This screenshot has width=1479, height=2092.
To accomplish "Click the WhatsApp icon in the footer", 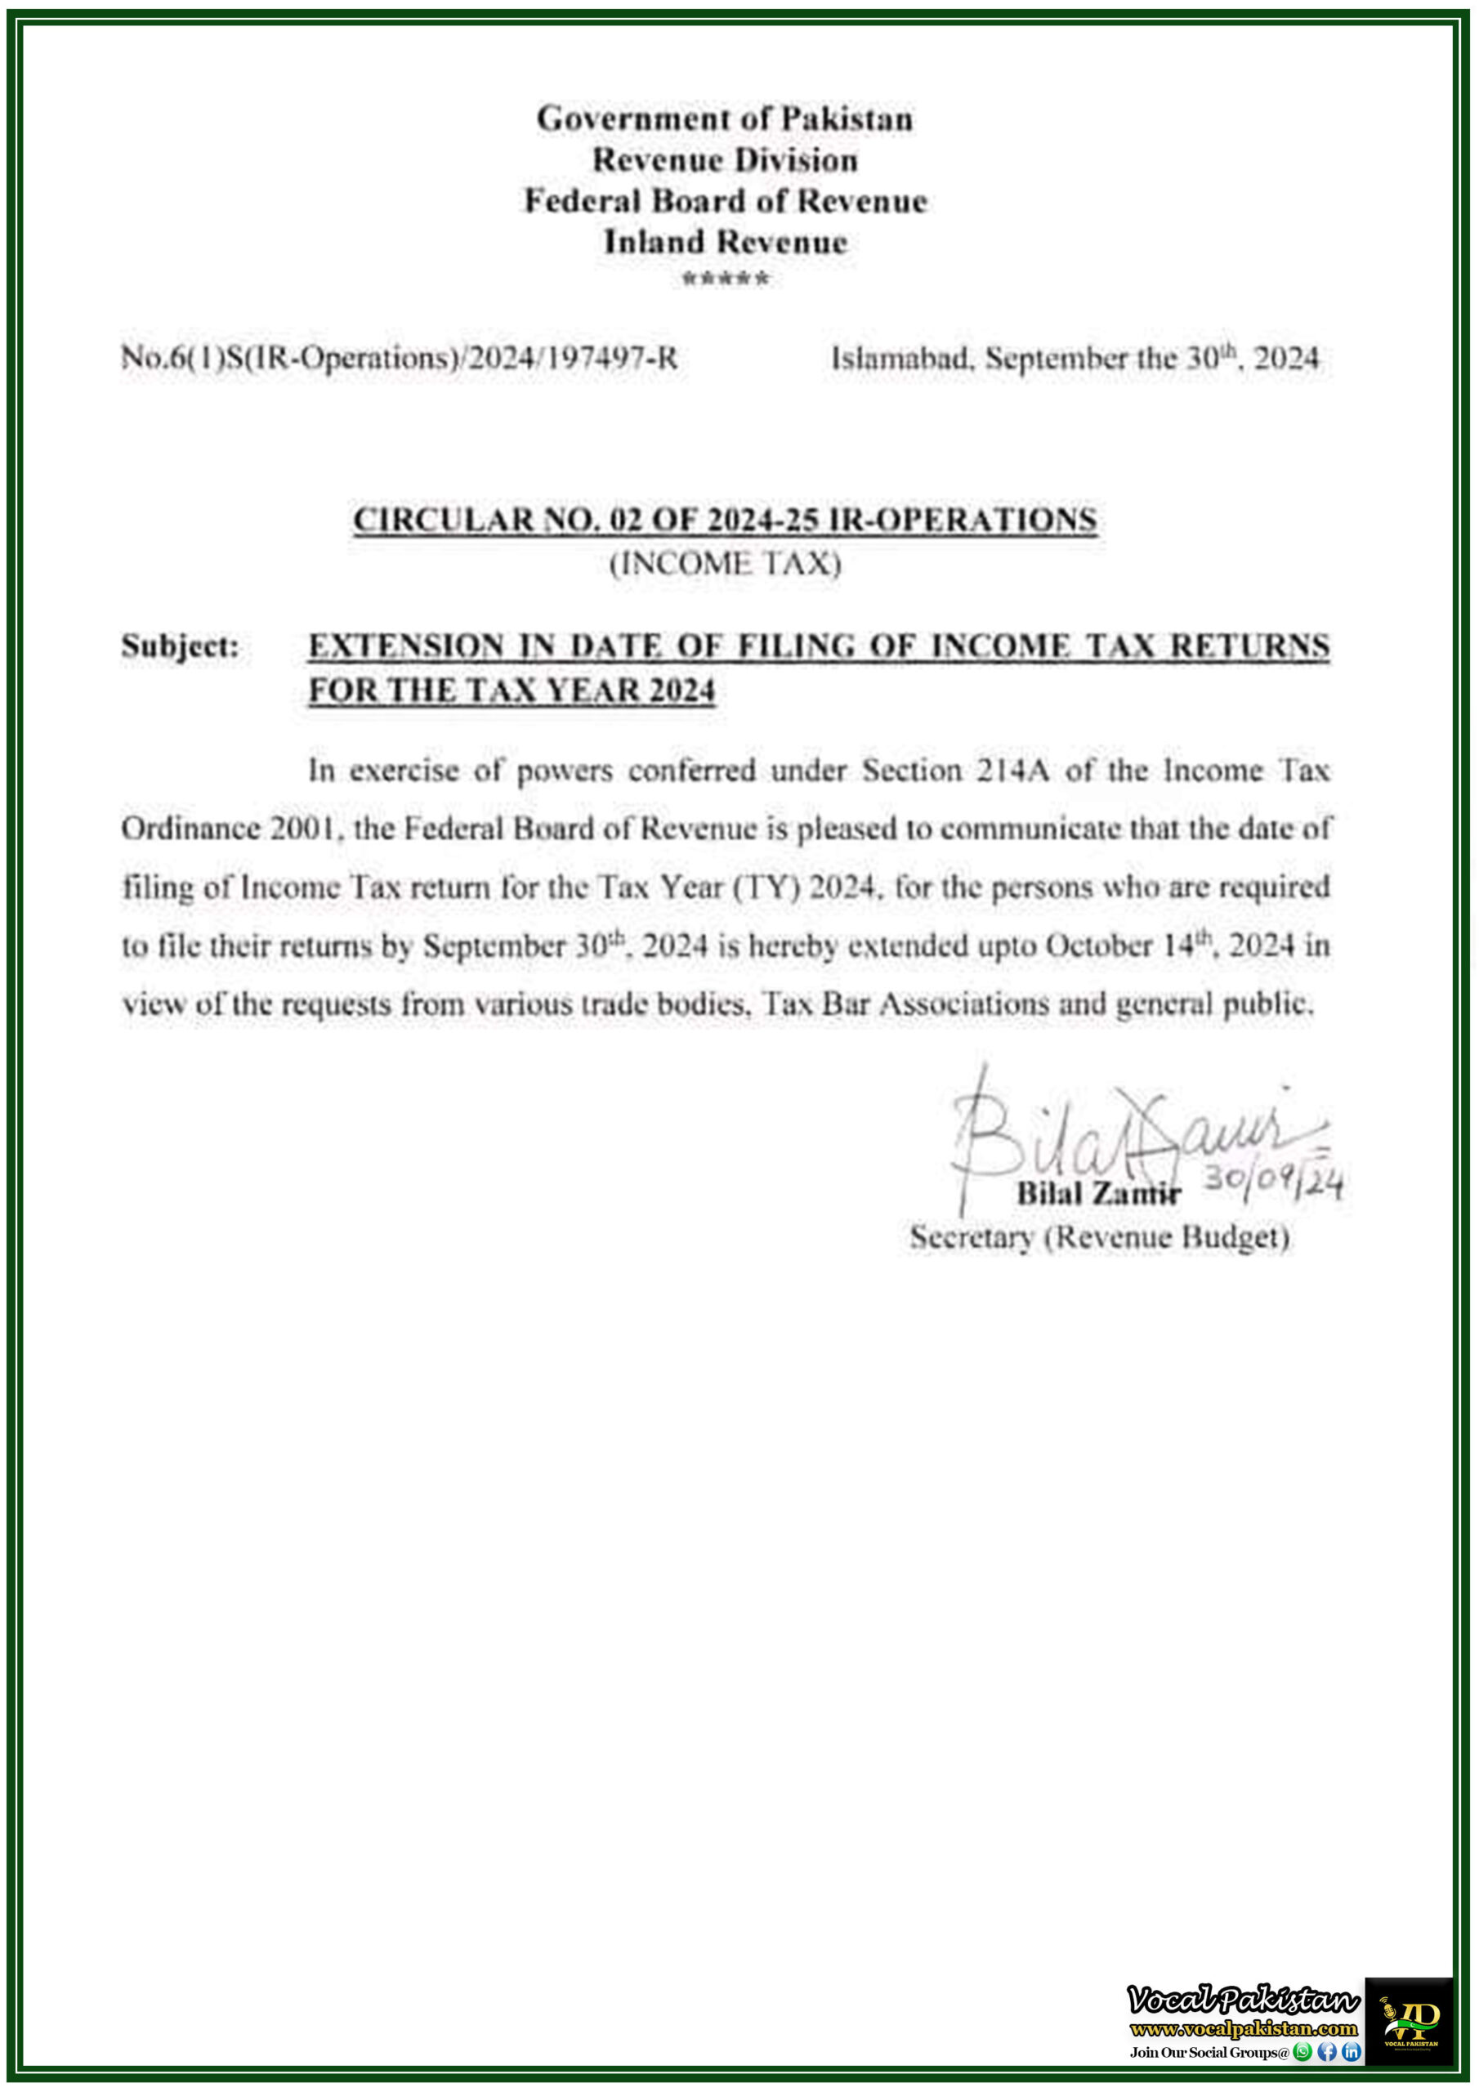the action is [1303, 2051].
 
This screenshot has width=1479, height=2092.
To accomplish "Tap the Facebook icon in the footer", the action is [1328, 2051].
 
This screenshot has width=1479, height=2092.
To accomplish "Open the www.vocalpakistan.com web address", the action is [1244, 2029].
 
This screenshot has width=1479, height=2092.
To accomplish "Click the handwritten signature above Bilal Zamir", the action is [1121, 1134].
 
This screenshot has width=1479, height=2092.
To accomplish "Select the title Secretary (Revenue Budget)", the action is [1100, 1237].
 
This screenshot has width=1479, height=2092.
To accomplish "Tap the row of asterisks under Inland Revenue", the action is [726, 279].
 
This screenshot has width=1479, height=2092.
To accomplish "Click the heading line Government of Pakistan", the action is [726, 119].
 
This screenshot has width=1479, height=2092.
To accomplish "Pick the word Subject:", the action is [181, 646].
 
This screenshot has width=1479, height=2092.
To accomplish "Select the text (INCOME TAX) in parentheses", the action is [726, 564].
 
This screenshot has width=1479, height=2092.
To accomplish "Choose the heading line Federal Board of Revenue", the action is [726, 201].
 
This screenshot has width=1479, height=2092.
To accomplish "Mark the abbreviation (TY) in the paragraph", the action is [767, 887].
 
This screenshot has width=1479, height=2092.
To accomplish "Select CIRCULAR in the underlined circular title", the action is [443, 521].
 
